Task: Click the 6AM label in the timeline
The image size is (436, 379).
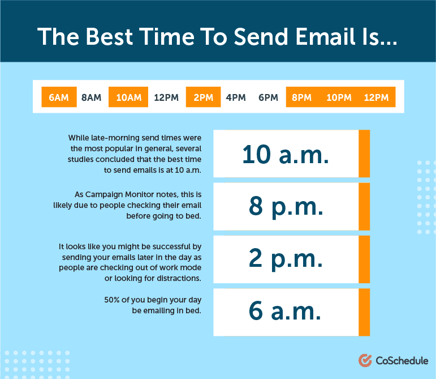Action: tap(59, 97)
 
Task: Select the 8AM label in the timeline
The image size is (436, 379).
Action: tap(91, 97)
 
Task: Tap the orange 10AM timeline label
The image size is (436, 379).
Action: tap(129, 97)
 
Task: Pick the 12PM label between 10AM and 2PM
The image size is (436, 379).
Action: tap(166, 97)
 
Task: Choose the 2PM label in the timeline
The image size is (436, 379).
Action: tap(203, 97)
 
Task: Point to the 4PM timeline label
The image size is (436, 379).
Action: tap(236, 97)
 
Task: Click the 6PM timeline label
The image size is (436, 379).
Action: tap(268, 97)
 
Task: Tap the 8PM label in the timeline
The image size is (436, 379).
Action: tap(302, 97)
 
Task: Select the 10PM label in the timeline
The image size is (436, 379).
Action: tap(339, 97)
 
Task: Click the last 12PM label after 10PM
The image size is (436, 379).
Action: tap(376, 97)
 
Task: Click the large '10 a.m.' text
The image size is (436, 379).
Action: tap(286, 154)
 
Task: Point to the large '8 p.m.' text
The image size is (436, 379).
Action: tap(286, 207)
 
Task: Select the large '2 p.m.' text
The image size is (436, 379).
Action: tap(286, 259)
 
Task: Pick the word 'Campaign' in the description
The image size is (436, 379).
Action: tap(104, 195)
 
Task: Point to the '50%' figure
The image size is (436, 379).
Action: tap(112, 300)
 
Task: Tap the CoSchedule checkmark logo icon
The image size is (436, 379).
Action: tap(365, 360)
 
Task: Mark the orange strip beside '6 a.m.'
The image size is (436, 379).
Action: tap(364, 312)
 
